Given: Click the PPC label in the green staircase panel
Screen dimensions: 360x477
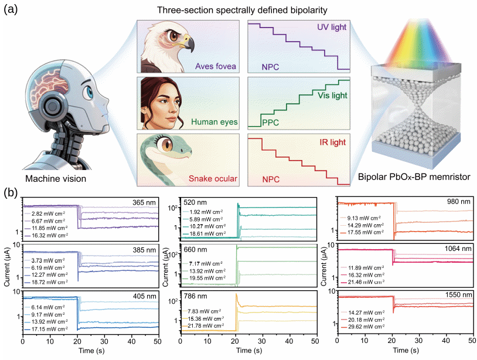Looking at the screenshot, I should [271, 124].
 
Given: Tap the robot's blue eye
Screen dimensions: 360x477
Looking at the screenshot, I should [88, 93].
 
